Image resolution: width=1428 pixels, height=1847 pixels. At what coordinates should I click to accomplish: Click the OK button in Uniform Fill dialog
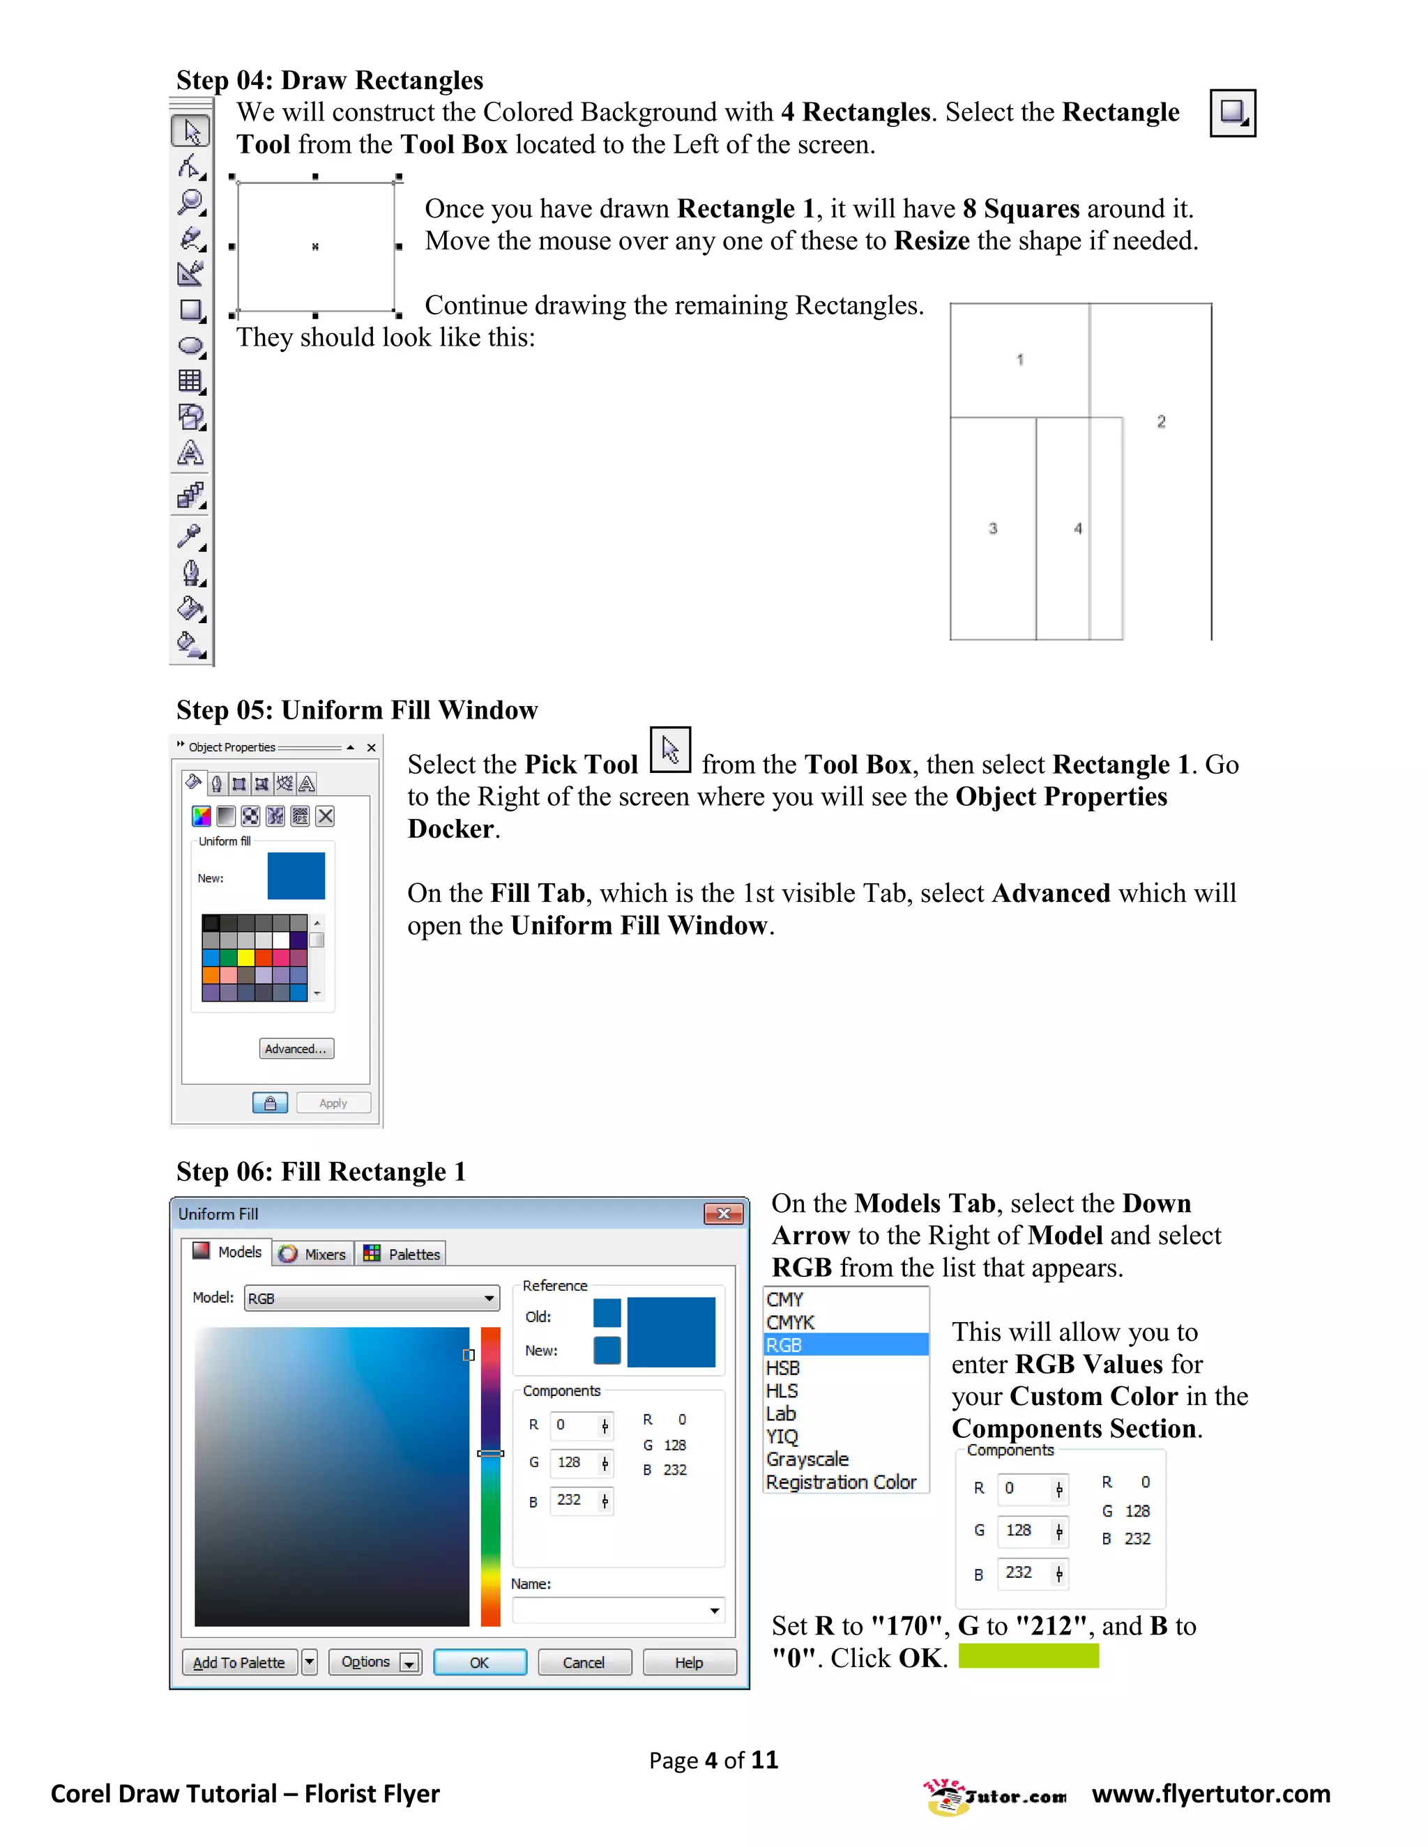pos(480,1662)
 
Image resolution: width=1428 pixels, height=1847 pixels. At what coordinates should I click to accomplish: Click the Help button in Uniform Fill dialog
pos(689,1662)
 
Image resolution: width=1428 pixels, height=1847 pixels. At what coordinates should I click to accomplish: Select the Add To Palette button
pos(239,1662)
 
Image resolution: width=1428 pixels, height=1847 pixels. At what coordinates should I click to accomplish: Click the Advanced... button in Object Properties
pos(296,1049)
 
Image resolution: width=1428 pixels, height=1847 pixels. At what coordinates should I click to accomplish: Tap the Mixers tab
pos(314,1254)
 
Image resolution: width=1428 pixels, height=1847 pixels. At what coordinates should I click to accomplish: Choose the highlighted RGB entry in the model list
pos(845,1344)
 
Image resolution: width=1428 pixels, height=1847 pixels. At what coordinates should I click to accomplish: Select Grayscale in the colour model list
pos(808,1459)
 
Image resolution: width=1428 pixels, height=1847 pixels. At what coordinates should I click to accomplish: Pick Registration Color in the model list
pos(842,1482)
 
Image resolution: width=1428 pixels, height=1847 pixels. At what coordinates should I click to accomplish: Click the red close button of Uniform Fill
pos(723,1213)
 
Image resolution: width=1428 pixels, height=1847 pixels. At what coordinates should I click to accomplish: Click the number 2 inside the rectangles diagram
pos(1162,421)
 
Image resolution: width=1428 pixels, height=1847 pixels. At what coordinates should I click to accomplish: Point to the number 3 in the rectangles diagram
pos(993,528)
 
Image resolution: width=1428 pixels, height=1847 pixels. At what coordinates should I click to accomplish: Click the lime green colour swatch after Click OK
pos(1028,1656)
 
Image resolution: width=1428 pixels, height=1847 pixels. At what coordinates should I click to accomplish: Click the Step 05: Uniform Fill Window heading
pos(357,710)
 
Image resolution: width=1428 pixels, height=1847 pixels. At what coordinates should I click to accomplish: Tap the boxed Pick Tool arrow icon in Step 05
pos(671,750)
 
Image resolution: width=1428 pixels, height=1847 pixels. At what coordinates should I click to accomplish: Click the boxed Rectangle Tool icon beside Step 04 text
pos(1233,112)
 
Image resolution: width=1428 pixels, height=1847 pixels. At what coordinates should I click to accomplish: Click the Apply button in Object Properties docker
pos(333,1103)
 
